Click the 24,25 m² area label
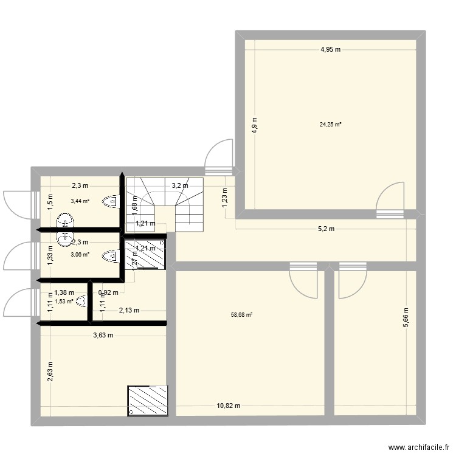click(x=330, y=125)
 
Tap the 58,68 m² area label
click(x=241, y=315)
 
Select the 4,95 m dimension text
click(x=331, y=50)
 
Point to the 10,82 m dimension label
click(x=228, y=406)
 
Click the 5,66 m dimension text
click(x=406, y=317)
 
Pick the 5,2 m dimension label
click(x=325, y=229)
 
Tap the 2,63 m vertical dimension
click(x=50, y=371)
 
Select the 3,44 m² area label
click(x=80, y=201)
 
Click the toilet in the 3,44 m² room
click(x=112, y=201)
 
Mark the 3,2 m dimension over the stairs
click(x=179, y=186)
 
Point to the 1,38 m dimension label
click(x=64, y=293)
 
